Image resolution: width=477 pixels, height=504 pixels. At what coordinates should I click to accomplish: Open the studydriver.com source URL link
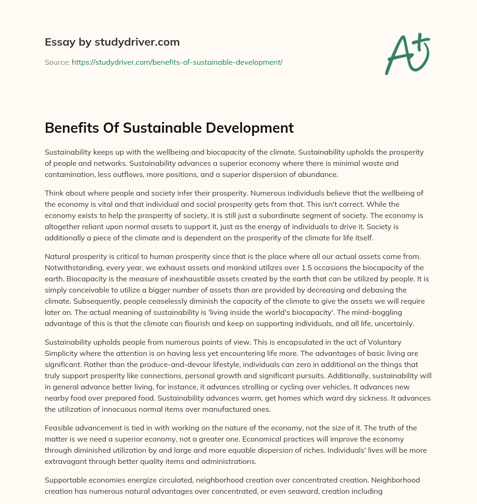pyautogui.click(x=177, y=62)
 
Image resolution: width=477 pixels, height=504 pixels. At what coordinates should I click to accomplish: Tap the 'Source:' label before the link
pyautogui.click(x=57, y=62)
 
